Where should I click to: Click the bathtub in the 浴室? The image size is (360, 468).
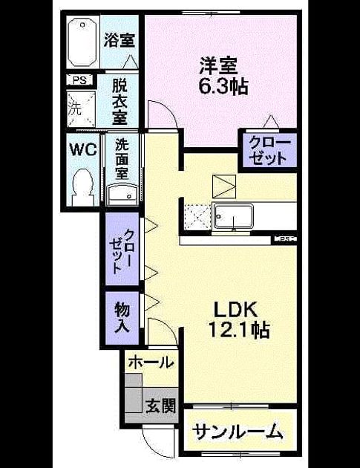pyautogui.click(x=82, y=42)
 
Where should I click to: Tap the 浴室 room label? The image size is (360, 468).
pyautogui.click(x=120, y=40)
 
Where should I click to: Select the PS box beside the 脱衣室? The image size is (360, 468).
pyautogui.click(x=79, y=80)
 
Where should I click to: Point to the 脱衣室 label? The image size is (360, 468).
pyautogui.click(x=120, y=102)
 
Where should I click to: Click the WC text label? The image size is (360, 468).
pyautogui.click(x=83, y=149)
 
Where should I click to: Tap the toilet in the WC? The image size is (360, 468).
pyautogui.click(x=83, y=187)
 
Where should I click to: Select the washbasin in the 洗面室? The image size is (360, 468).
pyautogui.click(x=122, y=195)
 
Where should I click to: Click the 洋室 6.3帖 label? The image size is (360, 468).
pyautogui.click(x=223, y=76)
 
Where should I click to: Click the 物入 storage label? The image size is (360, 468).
pyautogui.click(x=122, y=317)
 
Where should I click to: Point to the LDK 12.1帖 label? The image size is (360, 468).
pyautogui.click(x=240, y=320)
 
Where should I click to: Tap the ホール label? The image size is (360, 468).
pyautogui.click(x=151, y=363)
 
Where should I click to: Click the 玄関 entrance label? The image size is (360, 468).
pyautogui.click(x=160, y=406)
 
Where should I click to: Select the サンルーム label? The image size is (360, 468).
pyautogui.click(x=237, y=431)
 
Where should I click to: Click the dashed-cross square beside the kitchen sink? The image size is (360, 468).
pyautogui.click(x=197, y=217)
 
